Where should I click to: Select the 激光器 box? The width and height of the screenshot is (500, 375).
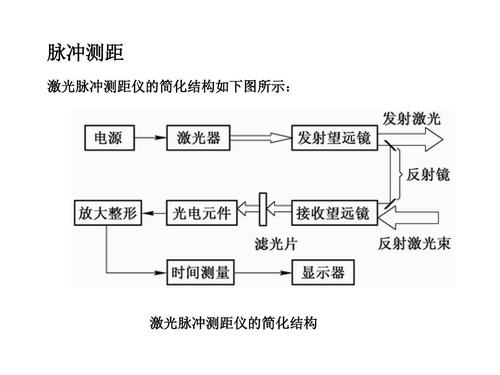tap(200, 138)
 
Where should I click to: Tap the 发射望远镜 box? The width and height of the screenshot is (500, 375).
tap(330, 138)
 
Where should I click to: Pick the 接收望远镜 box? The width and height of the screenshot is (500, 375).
tap(330, 213)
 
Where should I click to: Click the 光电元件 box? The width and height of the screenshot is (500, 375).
tap(202, 213)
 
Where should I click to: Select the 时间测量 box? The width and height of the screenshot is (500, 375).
tap(200, 271)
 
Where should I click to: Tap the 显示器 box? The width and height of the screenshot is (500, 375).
tap(317, 271)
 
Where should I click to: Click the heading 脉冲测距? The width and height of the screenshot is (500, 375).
tap(85, 51)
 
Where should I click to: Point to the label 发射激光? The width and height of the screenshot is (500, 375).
tap(411, 118)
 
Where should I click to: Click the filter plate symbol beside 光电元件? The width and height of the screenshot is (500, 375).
tap(264, 212)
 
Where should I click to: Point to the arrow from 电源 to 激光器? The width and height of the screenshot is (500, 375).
tap(149, 138)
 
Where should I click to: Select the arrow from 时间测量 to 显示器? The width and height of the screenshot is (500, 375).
tap(261, 271)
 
